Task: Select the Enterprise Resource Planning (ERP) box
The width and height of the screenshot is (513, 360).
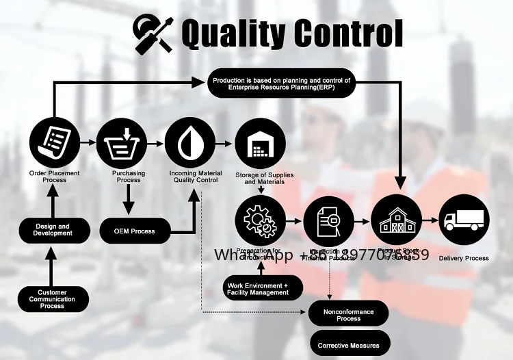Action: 281,83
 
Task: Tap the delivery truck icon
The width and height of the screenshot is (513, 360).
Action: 464,219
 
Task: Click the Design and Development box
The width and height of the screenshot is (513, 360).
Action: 53,230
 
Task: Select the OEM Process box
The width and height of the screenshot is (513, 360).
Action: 135,231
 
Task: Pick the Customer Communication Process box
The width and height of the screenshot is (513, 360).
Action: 53,299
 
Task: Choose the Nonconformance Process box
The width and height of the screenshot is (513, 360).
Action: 349,315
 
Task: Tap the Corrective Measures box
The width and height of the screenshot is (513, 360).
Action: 349,345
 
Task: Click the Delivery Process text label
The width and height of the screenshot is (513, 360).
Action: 464,258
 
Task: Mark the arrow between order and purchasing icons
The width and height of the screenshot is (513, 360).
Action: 88,143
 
